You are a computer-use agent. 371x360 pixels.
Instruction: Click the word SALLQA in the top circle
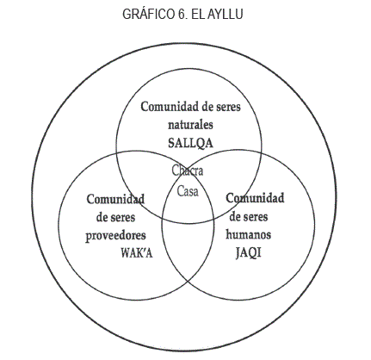coord(190,143)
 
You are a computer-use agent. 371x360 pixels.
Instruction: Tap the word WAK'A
coord(137,253)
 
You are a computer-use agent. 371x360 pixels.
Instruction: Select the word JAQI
coord(249,253)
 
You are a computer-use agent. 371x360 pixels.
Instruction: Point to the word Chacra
coord(188,171)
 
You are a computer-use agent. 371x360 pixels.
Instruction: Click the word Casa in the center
coord(188,191)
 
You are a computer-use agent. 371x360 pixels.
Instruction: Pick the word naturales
coord(190,125)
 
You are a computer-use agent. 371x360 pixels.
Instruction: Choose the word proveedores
coord(115,236)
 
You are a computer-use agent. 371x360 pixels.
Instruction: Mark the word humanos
coord(249,234)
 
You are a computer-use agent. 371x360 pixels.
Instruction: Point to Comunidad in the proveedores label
coord(115,199)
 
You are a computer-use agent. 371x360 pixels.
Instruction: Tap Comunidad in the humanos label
coord(255,198)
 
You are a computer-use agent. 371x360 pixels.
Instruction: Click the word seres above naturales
coord(228,108)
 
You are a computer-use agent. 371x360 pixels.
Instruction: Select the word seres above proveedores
coord(123,218)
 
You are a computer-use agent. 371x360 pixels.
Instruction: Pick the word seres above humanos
coord(256,217)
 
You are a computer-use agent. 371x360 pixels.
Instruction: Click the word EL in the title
coord(198,14)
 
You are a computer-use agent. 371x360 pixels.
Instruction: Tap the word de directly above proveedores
coord(102,217)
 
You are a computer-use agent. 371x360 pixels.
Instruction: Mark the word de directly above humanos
coord(235,216)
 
